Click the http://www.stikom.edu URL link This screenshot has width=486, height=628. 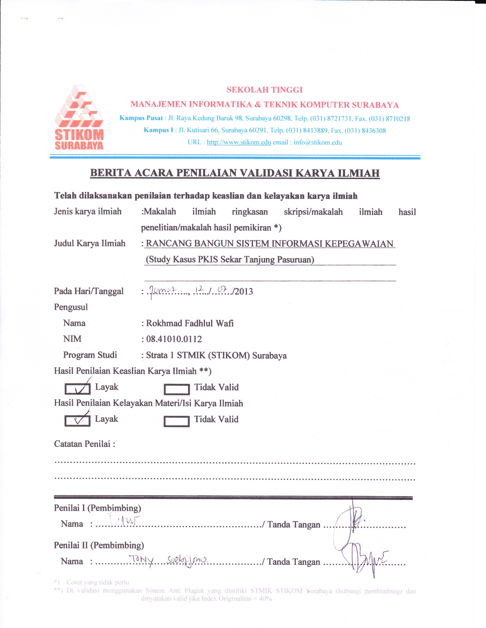(239, 142)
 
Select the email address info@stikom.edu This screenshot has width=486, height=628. (318, 142)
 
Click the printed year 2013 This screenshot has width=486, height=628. (244, 291)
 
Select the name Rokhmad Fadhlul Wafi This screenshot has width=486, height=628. (190, 323)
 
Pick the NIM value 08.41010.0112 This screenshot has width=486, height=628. (174, 339)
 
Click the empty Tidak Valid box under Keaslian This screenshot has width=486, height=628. (177, 389)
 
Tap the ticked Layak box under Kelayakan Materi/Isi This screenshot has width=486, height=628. (77, 421)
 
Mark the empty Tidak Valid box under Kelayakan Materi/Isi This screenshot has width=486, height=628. (177, 421)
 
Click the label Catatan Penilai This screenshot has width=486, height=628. (84, 444)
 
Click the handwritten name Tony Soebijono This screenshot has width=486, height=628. (169, 560)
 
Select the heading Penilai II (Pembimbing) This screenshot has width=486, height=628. (99, 545)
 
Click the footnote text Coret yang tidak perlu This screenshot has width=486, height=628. (98, 582)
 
